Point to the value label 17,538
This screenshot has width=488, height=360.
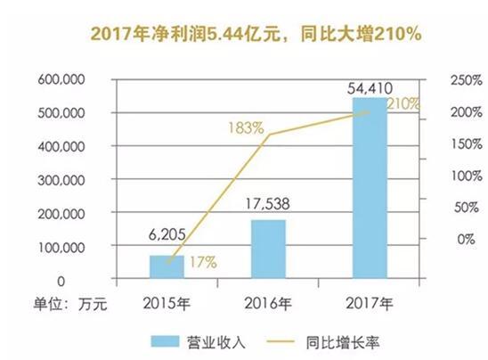point(268,203)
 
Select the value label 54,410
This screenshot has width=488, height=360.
point(370,87)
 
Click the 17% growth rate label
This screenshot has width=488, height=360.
point(200,263)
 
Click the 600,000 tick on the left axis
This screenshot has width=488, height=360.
point(60,79)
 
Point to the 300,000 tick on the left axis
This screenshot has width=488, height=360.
point(60,180)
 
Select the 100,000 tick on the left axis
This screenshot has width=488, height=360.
point(60,247)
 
